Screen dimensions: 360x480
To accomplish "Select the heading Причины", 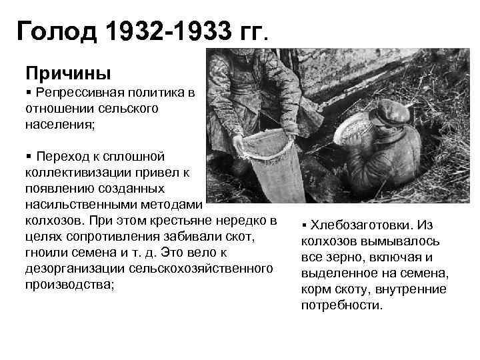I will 68,71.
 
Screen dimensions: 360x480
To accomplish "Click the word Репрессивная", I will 81,93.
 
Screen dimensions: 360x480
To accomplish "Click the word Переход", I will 65,157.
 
